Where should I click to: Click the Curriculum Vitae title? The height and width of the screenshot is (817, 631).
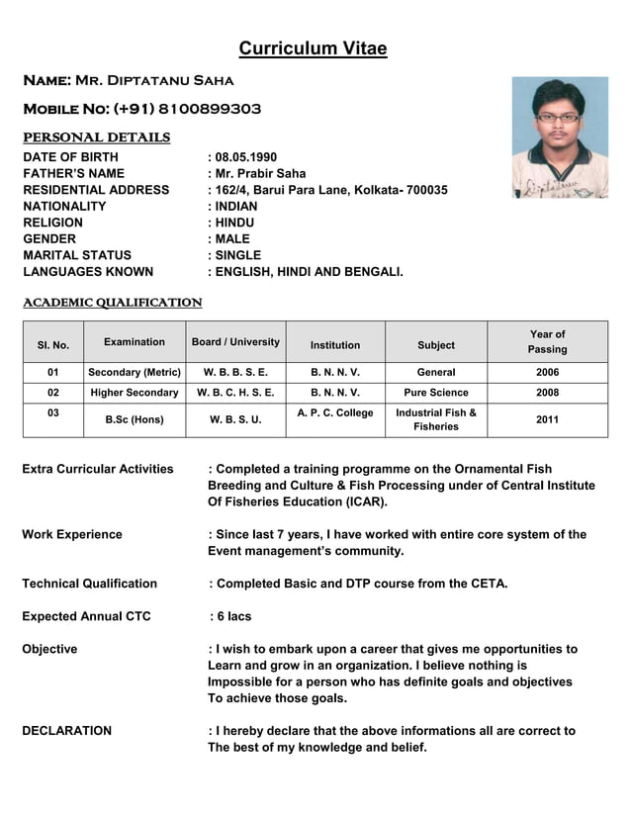(x=313, y=49)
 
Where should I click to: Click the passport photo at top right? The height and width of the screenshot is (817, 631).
(x=559, y=137)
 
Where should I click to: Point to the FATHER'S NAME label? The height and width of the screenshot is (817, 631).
(x=73, y=174)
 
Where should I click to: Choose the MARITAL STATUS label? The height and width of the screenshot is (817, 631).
(x=77, y=255)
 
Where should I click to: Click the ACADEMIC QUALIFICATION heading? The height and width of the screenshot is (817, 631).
(x=112, y=303)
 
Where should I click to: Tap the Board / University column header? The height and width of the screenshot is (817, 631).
(x=235, y=342)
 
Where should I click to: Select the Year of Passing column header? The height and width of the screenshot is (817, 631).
(x=547, y=342)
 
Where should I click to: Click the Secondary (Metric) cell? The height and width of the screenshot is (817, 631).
(x=135, y=373)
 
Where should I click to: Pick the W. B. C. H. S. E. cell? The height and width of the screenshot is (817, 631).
(x=235, y=393)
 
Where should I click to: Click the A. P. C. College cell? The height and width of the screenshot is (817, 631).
(x=335, y=412)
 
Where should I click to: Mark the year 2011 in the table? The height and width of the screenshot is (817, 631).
(x=547, y=419)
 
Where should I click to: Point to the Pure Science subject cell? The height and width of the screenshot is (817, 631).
(x=436, y=393)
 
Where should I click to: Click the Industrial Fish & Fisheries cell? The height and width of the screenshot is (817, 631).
(x=436, y=419)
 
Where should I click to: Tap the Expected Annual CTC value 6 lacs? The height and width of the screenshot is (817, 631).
(x=233, y=616)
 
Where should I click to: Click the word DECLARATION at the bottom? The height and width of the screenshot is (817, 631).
(x=66, y=731)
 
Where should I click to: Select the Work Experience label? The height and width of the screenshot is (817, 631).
(x=72, y=534)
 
